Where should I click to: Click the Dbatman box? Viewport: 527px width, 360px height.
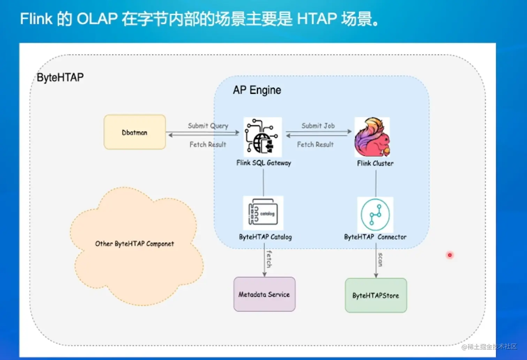[135, 132]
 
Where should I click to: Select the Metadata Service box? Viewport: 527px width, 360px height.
[264, 294]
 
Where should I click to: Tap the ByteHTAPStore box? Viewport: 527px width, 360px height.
[376, 296]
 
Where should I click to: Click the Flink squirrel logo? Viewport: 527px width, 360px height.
[372, 137]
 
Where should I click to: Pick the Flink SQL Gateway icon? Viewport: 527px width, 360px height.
[262, 137]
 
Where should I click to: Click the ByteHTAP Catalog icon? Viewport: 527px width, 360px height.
[263, 213]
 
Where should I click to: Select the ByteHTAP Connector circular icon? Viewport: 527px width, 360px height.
[375, 215]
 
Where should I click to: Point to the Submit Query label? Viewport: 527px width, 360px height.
[208, 126]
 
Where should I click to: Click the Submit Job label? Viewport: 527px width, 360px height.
[318, 126]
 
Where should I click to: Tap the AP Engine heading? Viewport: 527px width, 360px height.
[257, 90]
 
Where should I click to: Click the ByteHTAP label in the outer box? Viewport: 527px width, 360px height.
[60, 77]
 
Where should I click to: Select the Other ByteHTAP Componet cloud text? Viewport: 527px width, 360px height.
[135, 244]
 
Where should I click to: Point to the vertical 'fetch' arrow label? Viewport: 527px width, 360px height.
[269, 259]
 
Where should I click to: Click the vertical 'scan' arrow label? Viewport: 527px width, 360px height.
[380, 260]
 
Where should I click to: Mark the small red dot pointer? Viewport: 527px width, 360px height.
[450, 255]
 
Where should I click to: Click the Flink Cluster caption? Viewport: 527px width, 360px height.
[375, 163]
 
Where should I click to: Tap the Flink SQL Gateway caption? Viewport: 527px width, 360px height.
[263, 163]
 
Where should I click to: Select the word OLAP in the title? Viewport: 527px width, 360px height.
[97, 18]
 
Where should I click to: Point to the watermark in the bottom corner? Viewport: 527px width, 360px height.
[489, 347]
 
